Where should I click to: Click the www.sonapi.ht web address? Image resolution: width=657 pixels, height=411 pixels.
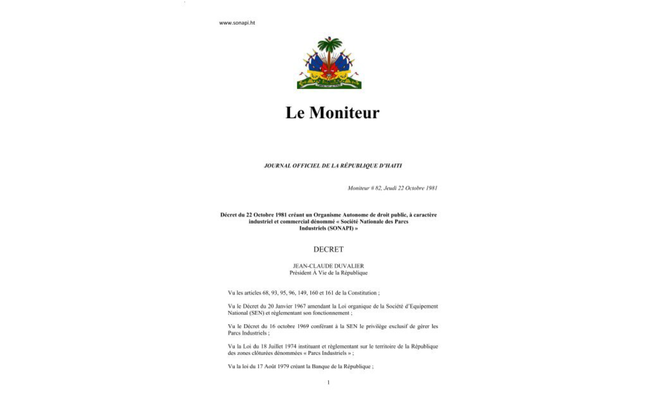click(x=237, y=23)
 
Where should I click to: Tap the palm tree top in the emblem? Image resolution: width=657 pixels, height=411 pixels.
click(x=330, y=44)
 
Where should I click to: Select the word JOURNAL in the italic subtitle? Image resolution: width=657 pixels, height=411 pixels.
click(x=278, y=166)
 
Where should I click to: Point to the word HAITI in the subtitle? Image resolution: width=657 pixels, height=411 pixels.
click(x=393, y=166)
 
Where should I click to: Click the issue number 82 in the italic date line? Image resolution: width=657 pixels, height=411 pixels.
click(x=378, y=188)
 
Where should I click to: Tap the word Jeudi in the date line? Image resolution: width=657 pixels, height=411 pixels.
click(x=392, y=188)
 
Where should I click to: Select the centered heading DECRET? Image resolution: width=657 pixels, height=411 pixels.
click(x=328, y=250)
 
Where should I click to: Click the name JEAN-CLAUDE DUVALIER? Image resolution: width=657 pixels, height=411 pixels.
click(x=328, y=266)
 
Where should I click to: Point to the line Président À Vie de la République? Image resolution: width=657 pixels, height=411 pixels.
click(x=328, y=273)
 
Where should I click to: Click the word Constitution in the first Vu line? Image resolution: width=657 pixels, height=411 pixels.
click(x=362, y=293)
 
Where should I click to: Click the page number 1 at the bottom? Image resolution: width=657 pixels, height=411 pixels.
click(x=328, y=382)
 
